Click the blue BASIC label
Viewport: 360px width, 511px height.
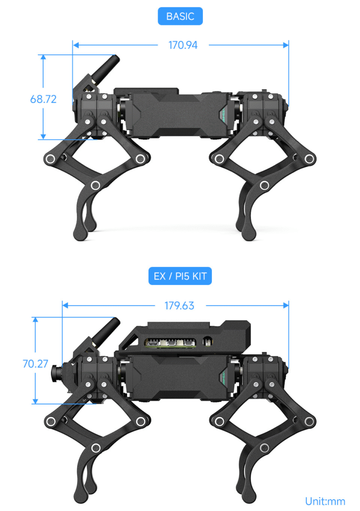click(x=180, y=16)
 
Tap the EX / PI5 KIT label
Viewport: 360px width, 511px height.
click(x=180, y=276)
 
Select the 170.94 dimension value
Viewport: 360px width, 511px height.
click(x=183, y=45)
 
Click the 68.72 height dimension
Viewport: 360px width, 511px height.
click(x=43, y=99)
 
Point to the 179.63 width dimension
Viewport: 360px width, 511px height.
click(x=180, y=305)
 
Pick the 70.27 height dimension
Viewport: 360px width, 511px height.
click(x=35, y=363)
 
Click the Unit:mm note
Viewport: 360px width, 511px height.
click(x=325, y=501)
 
